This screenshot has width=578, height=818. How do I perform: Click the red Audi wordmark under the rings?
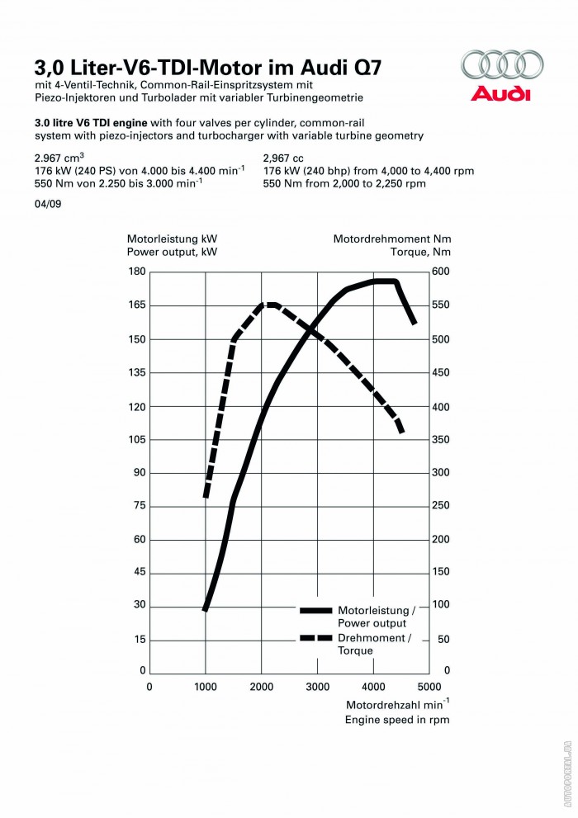pos(500,93)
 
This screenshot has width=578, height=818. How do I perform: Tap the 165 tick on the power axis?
pos(137,305)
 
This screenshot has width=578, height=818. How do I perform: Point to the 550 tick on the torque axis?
pos(440,305)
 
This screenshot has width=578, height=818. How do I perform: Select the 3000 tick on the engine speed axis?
pos(318,686)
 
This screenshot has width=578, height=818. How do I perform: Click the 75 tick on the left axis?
pos(140,506)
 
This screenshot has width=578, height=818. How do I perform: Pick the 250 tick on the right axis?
pos(440,506)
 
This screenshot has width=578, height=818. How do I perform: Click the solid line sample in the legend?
pos(315,611)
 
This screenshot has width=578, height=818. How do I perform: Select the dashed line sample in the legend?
pos(315,638)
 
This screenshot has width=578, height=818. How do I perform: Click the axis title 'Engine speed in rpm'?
pos(396,720)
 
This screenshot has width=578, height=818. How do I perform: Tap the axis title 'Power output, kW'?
pos(172,253)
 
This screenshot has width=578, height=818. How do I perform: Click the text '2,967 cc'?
pos(284,157)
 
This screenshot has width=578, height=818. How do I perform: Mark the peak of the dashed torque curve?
pos(270,305)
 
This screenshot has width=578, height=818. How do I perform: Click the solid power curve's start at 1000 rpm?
pos(206,609)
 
